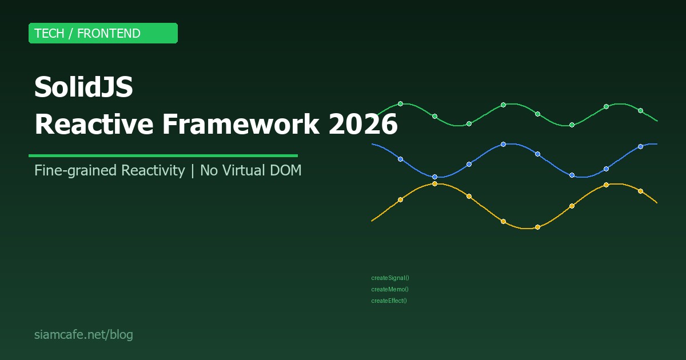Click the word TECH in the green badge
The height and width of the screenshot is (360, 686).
point(49,34)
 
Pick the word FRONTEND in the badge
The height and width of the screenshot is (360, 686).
point(109,34)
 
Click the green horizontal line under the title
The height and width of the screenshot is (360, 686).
point(163,155)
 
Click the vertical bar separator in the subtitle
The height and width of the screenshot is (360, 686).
point(192,170)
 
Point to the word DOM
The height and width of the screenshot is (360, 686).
point(286,170)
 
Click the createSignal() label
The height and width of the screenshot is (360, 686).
point(390,278)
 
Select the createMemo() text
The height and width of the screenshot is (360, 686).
point(389,290)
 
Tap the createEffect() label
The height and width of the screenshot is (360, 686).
point(389,301)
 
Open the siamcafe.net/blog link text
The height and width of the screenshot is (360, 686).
point(83,335)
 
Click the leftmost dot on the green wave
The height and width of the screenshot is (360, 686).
point(400,103)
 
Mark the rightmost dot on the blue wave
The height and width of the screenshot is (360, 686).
point(640,146)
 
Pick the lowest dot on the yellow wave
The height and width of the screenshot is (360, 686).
point(537,227)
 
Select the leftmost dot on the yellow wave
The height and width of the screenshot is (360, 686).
point(400,199)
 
